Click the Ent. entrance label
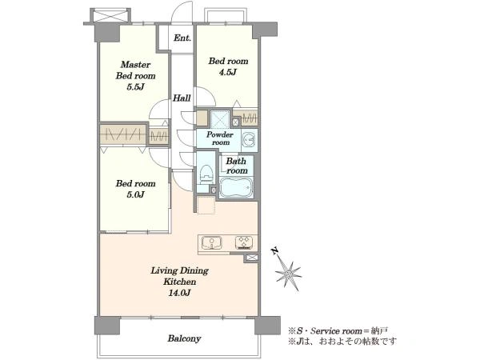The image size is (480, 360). [182, 38]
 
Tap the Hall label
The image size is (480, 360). [182, 98]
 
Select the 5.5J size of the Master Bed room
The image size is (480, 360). [136, 87]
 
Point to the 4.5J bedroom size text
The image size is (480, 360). [228, 72]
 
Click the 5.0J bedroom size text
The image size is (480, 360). [135, 194]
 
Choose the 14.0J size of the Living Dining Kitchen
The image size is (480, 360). [179, 293]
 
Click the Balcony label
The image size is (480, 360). [184, 338]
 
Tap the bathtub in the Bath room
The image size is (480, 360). [236, 187]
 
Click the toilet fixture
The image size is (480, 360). [206, 174]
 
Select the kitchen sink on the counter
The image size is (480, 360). [212, 243]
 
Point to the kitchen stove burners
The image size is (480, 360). [244, 242]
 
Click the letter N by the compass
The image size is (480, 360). [274, 252]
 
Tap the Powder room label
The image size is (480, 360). [220, 138]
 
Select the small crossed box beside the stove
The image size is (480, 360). [251, 258]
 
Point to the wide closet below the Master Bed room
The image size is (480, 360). [122, 134]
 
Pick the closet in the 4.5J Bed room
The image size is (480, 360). [245, 118]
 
